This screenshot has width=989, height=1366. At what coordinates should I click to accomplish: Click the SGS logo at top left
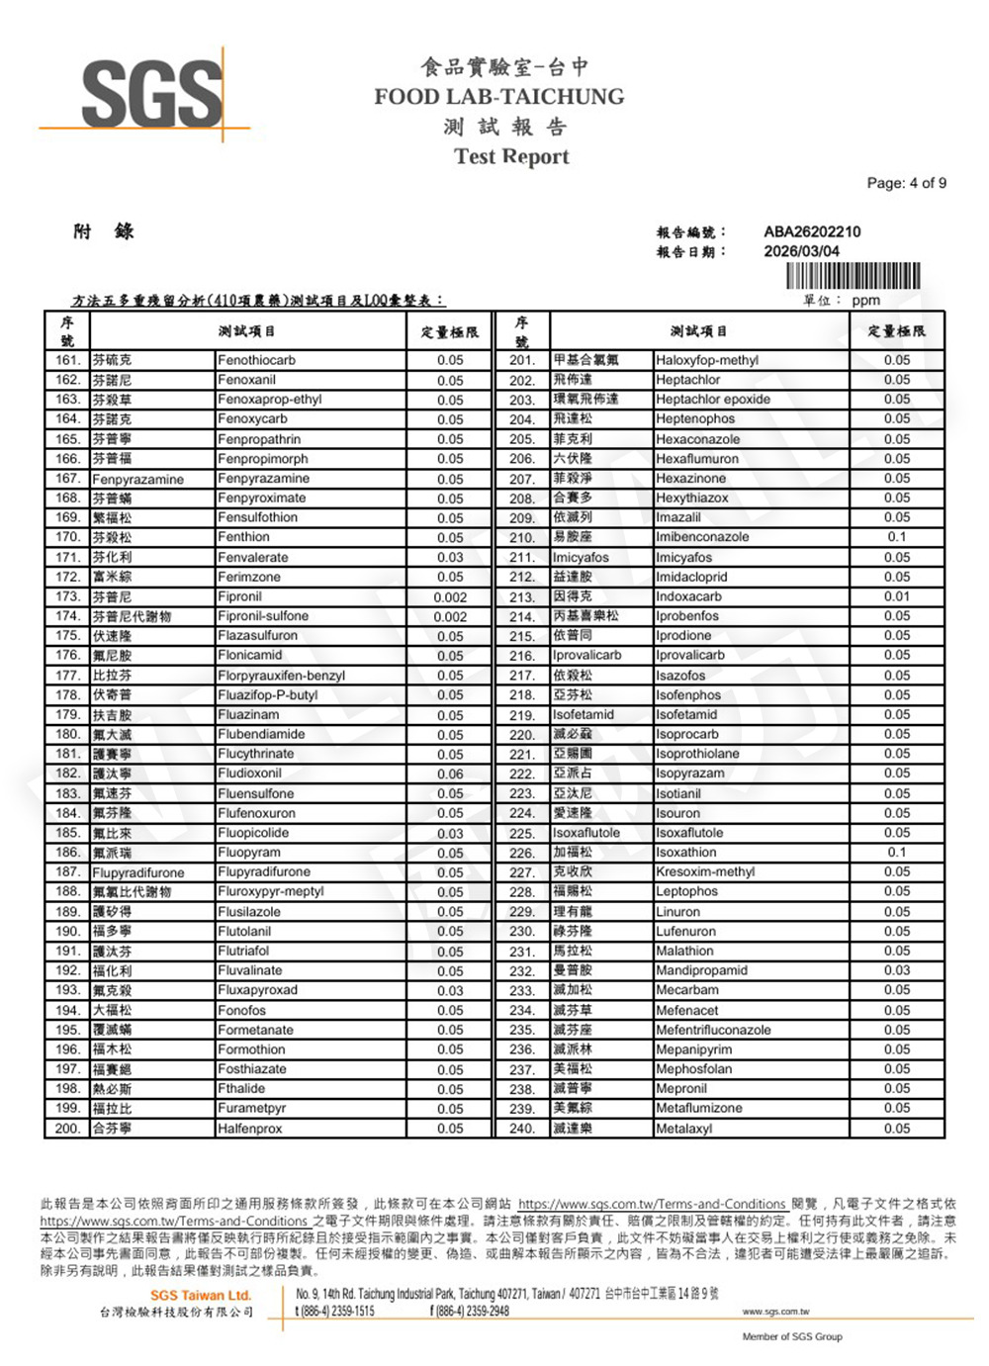[151, 94]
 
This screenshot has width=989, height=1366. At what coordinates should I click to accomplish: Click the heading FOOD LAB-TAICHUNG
[498, 97]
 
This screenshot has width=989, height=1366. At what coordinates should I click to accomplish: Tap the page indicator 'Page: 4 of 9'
[906, 183]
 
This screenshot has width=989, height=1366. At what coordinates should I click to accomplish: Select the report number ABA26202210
[812, 231]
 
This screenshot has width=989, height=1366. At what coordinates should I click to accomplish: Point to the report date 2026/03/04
[801, 251]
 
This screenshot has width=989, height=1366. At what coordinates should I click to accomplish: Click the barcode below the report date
[853, 276]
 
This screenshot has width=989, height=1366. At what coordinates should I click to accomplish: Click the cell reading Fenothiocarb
[256, 360]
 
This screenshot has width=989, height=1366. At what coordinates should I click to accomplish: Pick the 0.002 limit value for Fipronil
[450, 597]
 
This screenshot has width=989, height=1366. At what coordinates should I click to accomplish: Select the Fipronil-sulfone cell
[263, 616]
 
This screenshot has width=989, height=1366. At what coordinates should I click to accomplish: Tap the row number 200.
[67, 1128]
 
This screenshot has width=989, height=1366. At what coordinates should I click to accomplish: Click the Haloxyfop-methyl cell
[707, 360]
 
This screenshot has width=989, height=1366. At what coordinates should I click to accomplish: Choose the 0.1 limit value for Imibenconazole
[896, 537]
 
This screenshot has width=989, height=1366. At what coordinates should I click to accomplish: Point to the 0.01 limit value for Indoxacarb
[896, 596]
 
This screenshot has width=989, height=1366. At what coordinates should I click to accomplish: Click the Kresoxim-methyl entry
[705, 871]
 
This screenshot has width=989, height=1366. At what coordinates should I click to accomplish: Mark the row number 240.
[522, 1128]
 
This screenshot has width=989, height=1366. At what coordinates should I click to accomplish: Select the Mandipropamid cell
[701, 970]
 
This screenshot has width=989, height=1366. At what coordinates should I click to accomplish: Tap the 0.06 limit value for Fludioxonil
[450, 774]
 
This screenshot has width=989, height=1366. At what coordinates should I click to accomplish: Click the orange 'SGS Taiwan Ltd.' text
[201, 1295]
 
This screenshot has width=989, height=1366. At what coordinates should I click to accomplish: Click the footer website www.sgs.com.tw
[775, 1312]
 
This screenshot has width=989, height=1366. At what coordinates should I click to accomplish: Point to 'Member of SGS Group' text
[792, 1336]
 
